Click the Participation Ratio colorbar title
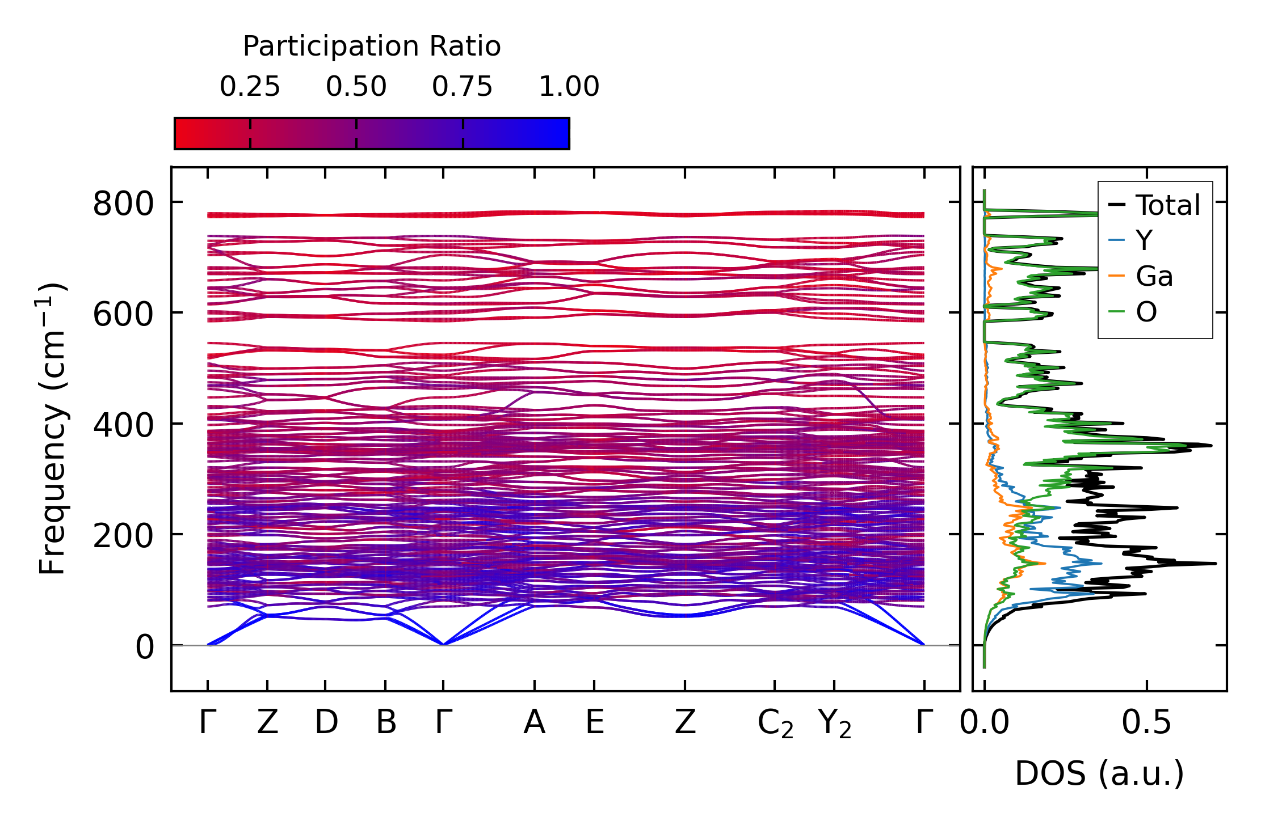372,46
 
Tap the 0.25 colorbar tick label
250,87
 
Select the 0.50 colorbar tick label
356,87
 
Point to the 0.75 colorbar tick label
462,87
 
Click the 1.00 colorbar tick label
569,87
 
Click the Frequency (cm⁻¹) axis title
53,429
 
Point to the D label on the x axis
326,722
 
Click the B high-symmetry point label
386,722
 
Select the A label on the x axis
535,722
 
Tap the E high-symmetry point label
594,722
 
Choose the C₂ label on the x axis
775,724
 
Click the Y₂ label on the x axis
835,724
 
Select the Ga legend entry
1154,277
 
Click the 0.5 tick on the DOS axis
1146,722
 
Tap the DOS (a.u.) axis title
1099,773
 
